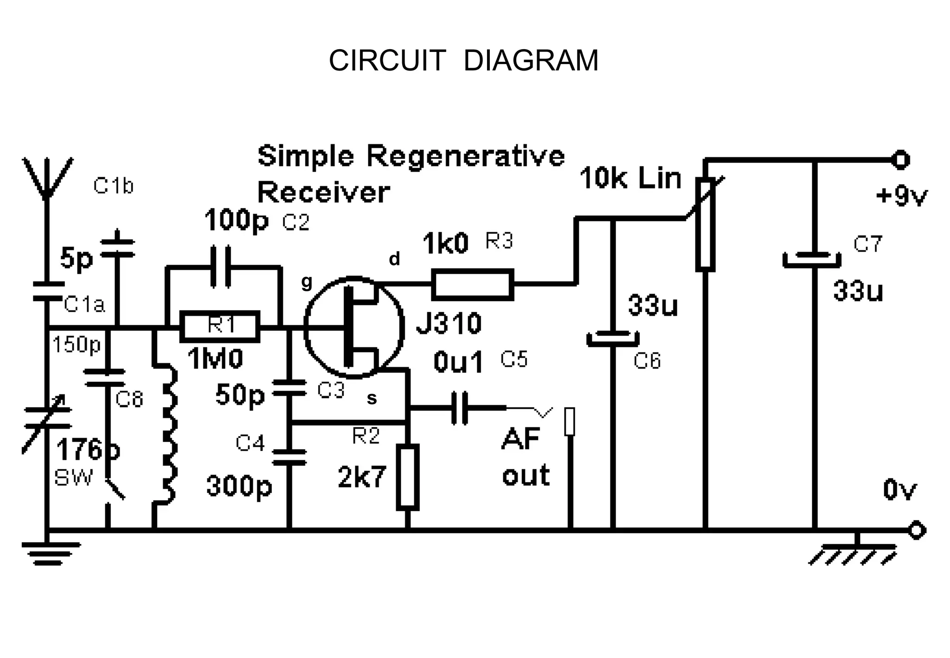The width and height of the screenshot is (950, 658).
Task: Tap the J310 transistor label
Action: pyautogui.click(x=449, y=323)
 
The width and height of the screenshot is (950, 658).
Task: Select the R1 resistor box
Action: pyautogui.click(x=220, y=326)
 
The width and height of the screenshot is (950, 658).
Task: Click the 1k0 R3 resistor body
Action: pyautogui.click(x=473, y=284)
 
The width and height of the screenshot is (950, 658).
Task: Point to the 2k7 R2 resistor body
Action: pyautogui.click(x=408, y=477)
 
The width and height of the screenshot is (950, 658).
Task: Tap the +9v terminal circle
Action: pyautogui.click(x=900, y=160)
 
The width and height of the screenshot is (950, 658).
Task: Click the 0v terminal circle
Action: pyautogui.click(x=916, y=530)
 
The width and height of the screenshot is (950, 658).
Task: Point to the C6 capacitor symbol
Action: pyautogui.click(x=613, y=339)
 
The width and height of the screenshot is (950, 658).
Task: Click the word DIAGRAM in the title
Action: pyautogui.click(x=531, y=61)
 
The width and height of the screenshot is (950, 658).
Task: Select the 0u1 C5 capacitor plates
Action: pyautogui.click(x=460, y=408)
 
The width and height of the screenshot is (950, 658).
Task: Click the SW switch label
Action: pyautogui.click(x=73, y=477)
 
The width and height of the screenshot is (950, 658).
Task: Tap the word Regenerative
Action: pyautogui.click(x=466, y=156)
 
